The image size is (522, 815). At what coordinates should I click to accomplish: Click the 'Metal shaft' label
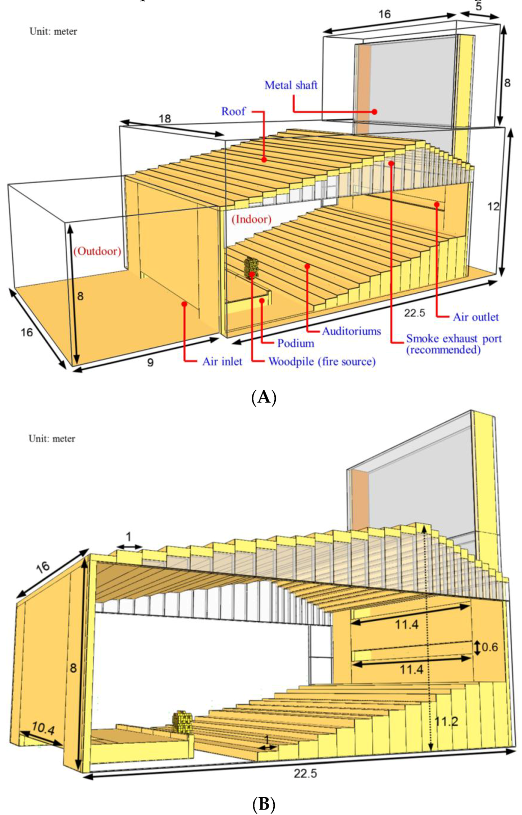(291, 85)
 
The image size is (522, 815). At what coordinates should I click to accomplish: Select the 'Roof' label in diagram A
(233, 111)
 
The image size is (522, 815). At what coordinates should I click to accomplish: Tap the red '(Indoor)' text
(251, 219)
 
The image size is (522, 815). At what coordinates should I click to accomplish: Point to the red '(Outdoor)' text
(97, 251)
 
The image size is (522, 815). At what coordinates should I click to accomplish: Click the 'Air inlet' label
(222, 362)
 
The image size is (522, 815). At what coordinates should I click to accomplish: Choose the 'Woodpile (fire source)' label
(322, 362)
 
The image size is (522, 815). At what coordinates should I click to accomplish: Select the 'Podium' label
(296, 343)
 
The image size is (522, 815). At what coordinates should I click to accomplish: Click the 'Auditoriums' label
(351, 331)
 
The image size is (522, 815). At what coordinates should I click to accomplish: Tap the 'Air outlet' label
(476, 317)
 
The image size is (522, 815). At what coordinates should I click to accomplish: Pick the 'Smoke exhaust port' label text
(454, 339)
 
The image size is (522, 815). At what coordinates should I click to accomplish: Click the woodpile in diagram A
(251, 267)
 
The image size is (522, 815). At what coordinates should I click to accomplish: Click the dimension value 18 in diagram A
(165, 119)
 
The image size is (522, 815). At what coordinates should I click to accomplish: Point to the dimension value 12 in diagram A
(493, 207)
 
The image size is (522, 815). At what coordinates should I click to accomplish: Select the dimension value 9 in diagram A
(150, 363)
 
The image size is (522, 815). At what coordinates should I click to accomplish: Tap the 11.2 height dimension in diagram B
(446, 722)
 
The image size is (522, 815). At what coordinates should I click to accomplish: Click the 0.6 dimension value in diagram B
(489, 647)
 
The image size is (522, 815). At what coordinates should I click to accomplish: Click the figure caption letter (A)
(264, 397)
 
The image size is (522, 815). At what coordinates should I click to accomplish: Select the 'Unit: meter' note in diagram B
(52, 439)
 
